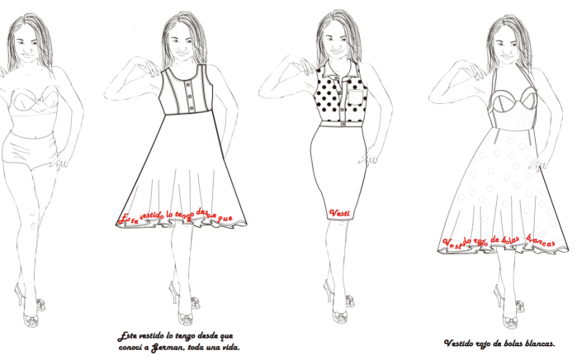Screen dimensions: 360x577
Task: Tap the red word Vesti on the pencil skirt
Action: point(338,213)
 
